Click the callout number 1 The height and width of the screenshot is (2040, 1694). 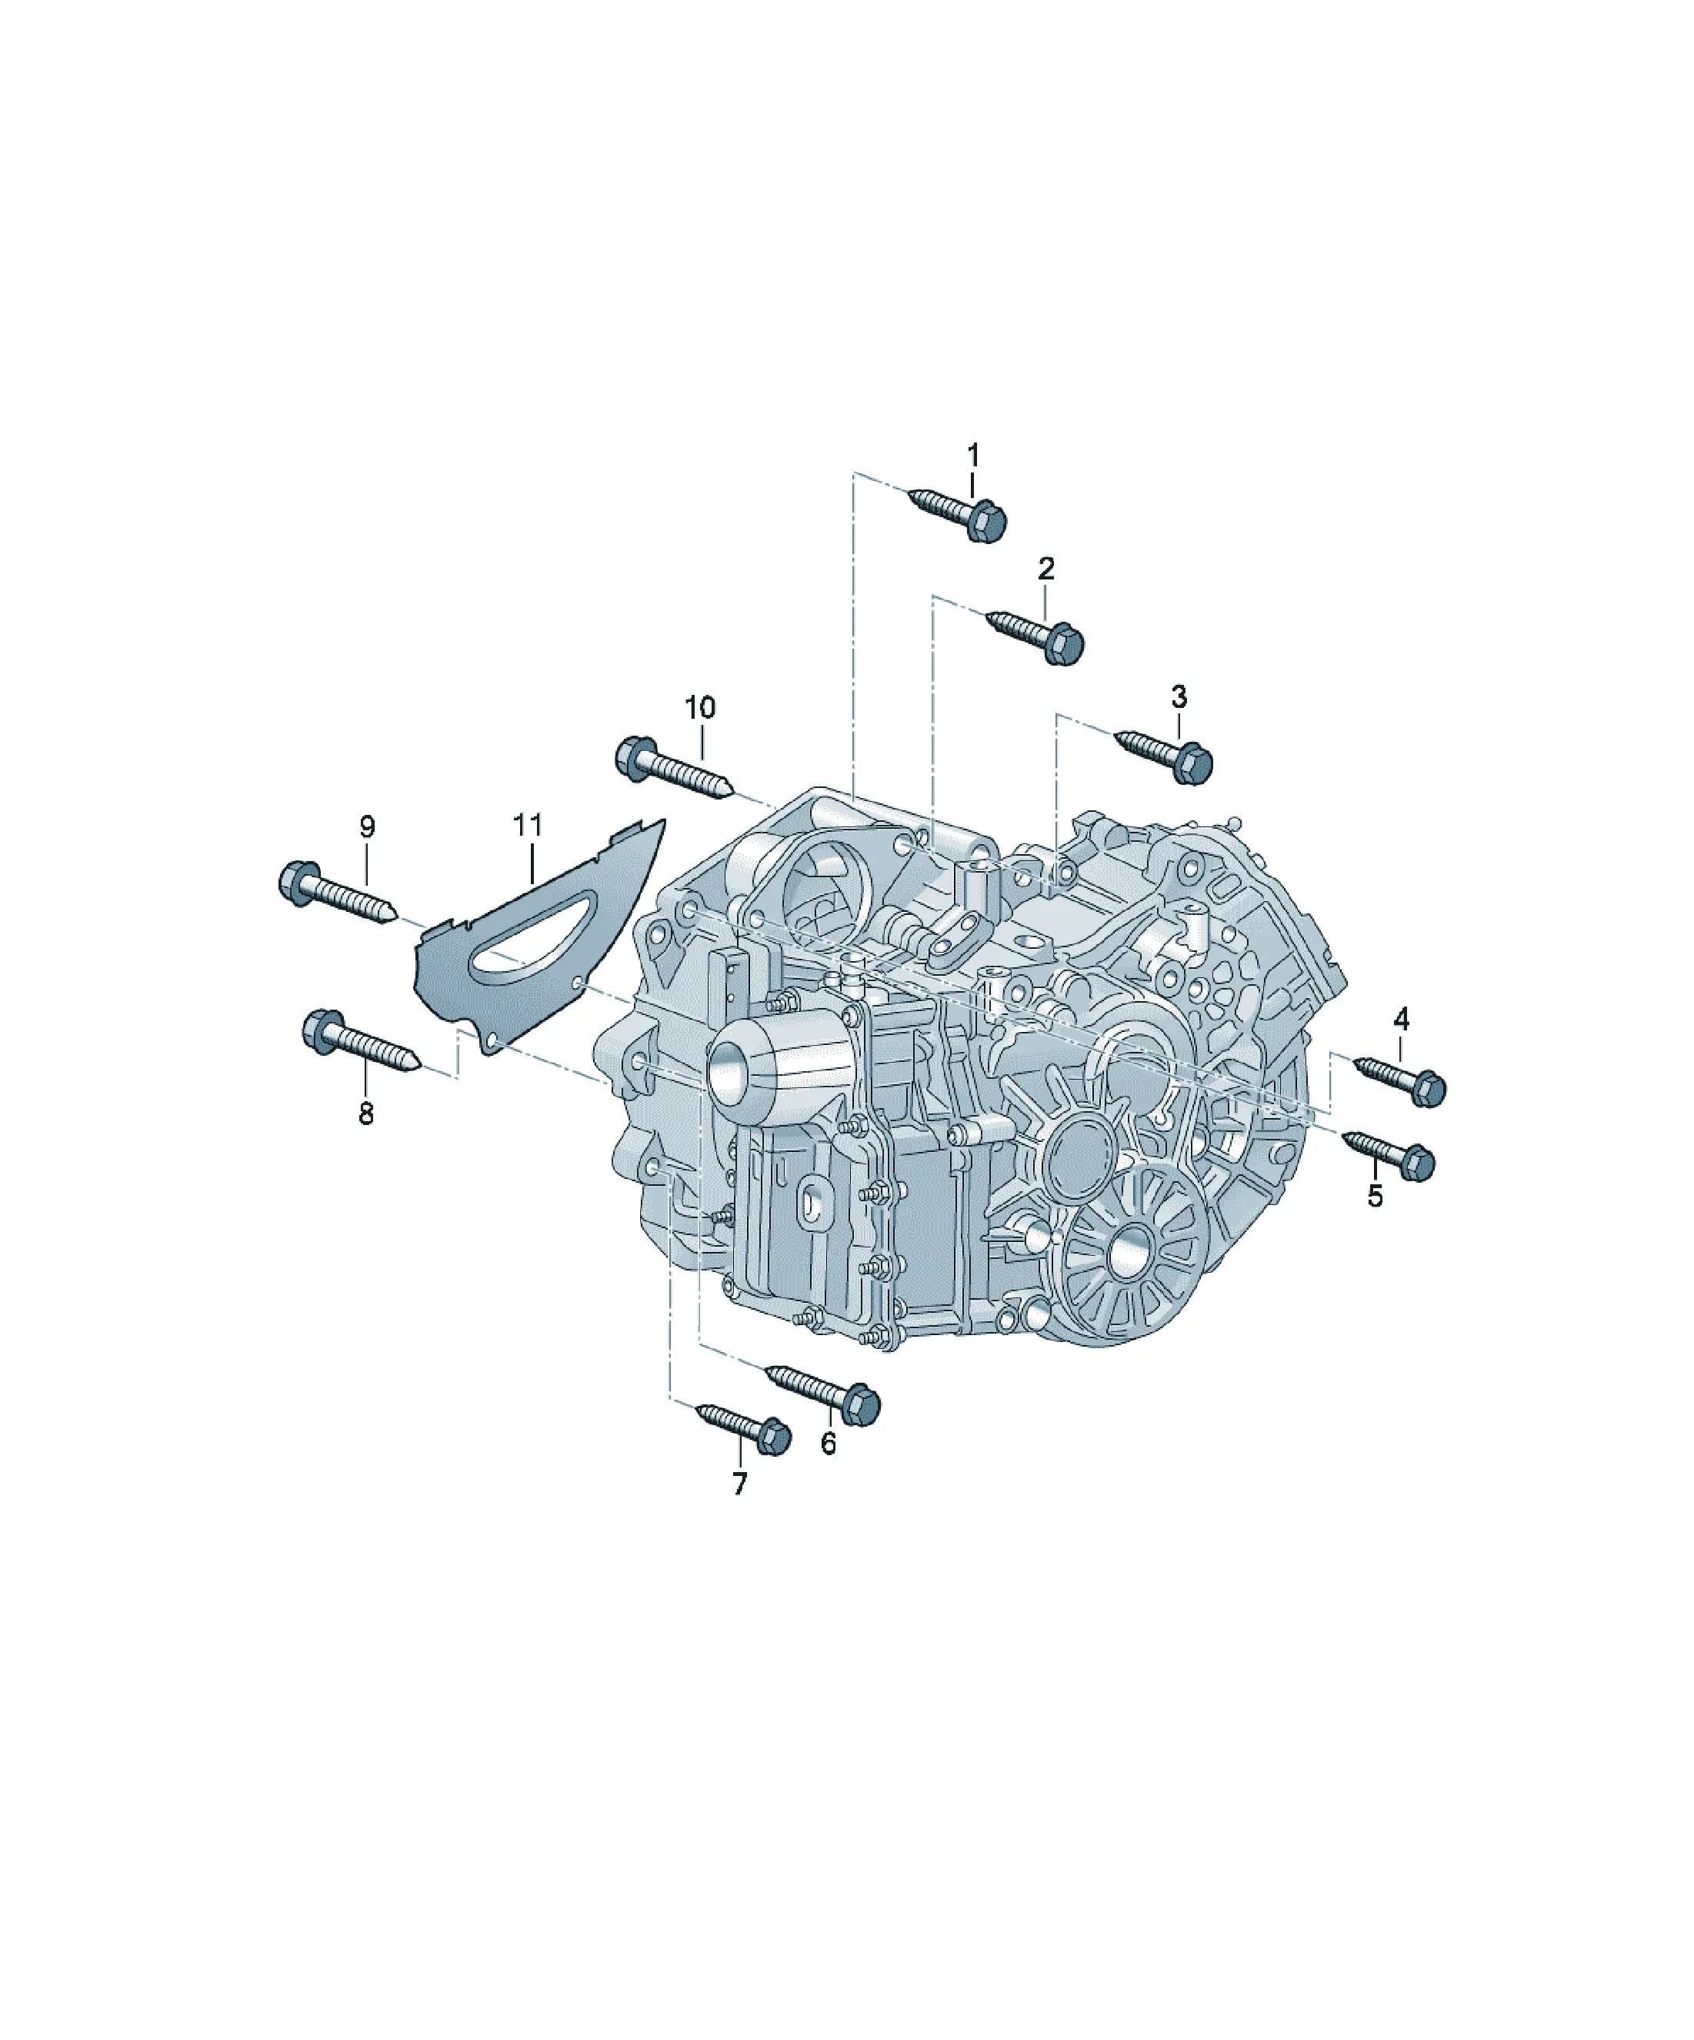pos(972,455)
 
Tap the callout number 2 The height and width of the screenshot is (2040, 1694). pos(1046,568)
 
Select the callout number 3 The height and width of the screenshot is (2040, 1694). pos(1179,696)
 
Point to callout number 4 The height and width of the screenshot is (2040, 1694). pos(1401,1019)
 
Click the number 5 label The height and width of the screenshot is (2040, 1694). pos(1375,1196)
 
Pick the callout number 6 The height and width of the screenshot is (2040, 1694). pos(828,1444)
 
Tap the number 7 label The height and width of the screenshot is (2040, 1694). pos(739,1484)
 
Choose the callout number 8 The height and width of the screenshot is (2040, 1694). pos(365,1113)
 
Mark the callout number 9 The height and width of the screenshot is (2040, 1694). pos(366,826)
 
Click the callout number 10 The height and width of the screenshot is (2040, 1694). pos(699,707)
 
